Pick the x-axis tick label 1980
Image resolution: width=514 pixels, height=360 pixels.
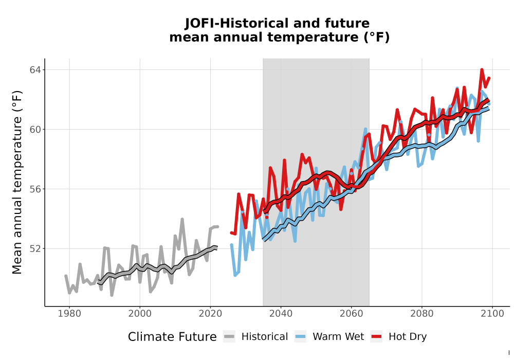[69, 313]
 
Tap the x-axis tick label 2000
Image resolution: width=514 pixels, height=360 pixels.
[140, 313]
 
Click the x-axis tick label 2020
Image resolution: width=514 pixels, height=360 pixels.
[210, 313]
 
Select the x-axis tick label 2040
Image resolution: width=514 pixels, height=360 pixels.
[281, 313]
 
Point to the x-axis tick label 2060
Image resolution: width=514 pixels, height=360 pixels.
[352, 313]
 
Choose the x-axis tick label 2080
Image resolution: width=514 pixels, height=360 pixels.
[422, 313]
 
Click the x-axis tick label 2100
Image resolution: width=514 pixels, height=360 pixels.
[492, 313]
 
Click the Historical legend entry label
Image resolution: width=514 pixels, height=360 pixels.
[265, 337]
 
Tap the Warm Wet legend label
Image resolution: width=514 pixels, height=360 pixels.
[338, 337]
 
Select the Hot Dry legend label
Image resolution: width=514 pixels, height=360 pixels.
[408, 337]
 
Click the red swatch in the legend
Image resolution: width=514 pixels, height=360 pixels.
[377, 337]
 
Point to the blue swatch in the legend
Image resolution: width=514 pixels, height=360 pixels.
[301, 337]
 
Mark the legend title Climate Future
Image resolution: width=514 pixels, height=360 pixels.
[172, 337]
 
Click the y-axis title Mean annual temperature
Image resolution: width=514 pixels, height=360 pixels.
[17, 182]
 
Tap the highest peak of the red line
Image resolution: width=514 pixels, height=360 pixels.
[482, 69]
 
